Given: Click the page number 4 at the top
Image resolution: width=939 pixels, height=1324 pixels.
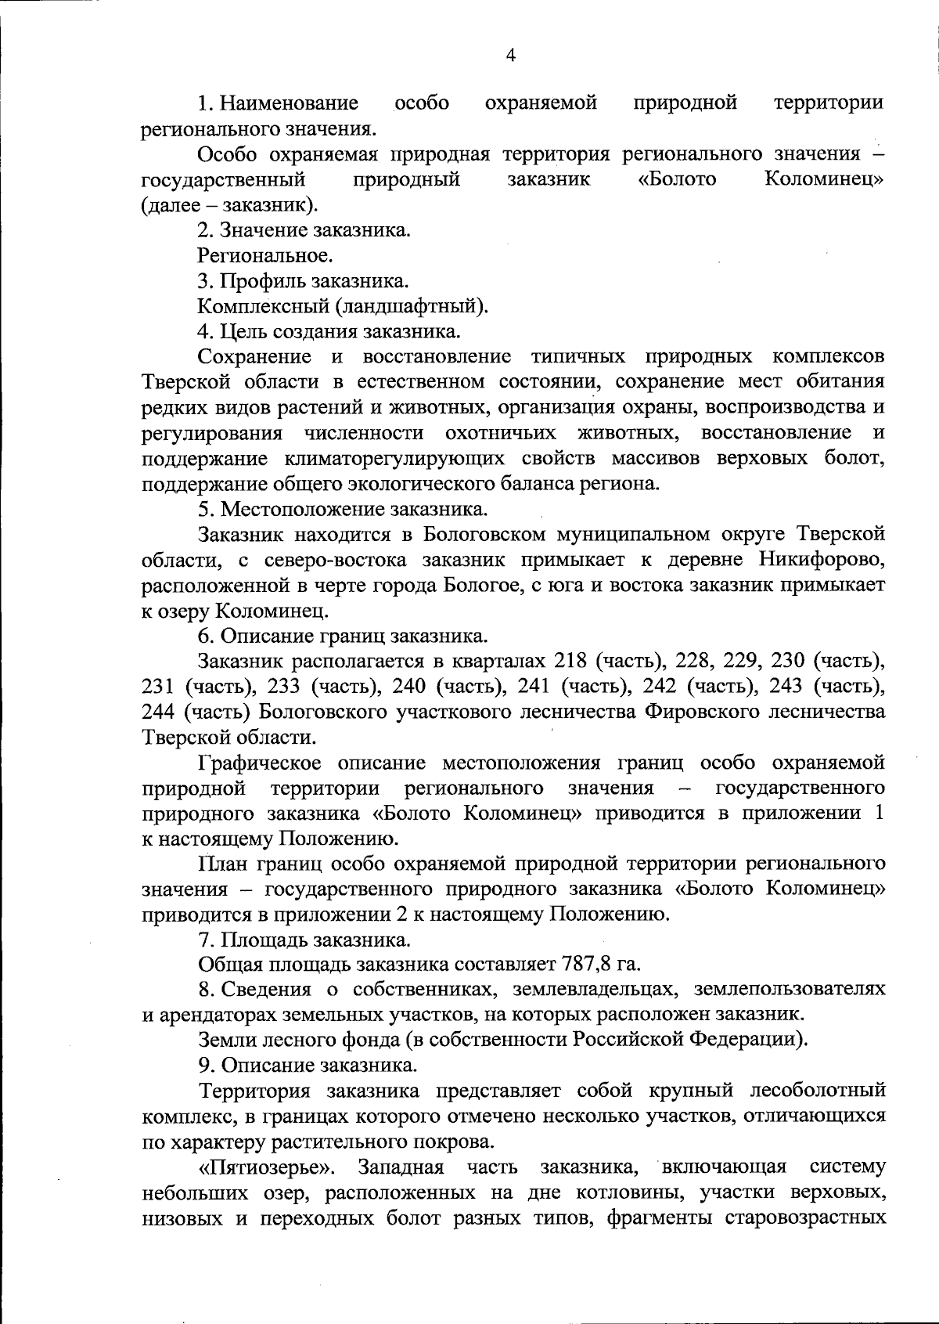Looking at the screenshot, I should click(x=511, y=55).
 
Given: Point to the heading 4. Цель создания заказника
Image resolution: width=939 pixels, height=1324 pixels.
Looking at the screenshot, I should click(x=329, y=332).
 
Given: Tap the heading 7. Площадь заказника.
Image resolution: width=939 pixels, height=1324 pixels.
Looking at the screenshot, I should click(x=304, y=939).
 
